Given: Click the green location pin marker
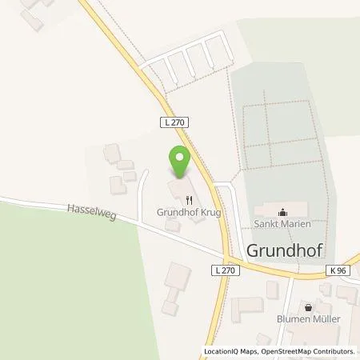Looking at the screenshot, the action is (180, 160).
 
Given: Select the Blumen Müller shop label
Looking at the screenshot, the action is (308, 320).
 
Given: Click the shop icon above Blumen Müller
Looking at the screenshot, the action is (309, 307).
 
